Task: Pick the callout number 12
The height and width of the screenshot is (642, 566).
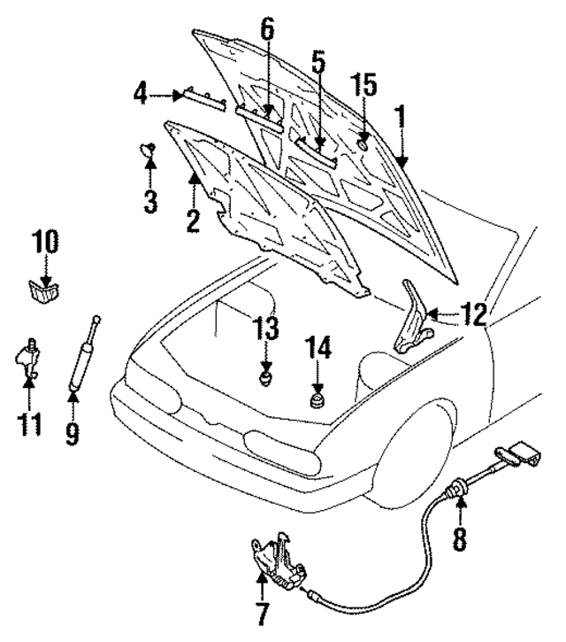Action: click(474, 313)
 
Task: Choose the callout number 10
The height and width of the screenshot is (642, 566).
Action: click(44, 242)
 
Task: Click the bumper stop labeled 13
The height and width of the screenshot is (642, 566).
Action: click(265, 381)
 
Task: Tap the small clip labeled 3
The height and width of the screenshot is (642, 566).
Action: click(148, 156)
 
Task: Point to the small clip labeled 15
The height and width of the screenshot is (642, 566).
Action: click(363, 140)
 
